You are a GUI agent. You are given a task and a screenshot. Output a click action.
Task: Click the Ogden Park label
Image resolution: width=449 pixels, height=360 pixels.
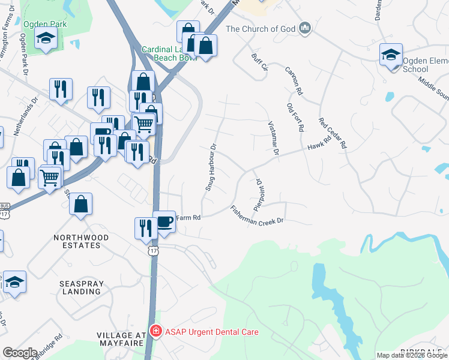click(45, 24)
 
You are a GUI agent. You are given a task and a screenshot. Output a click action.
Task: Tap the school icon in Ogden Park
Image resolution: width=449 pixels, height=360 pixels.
click(46, 40)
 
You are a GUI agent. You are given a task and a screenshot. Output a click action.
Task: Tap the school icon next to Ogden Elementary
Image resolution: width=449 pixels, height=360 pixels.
click(391, 56)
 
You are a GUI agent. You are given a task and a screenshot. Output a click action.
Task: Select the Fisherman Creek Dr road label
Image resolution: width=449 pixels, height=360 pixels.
click(256, 216)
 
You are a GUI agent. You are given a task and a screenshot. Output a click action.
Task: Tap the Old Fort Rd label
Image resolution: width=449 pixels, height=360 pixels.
click(295, 117)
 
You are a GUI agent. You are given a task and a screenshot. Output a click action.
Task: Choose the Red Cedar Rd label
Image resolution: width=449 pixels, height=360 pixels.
click(333, 133)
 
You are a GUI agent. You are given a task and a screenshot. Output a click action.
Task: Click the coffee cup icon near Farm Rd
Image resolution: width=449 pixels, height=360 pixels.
click(164, 222)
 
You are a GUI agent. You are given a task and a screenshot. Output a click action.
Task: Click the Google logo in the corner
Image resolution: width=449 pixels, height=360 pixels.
click(20, 353)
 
